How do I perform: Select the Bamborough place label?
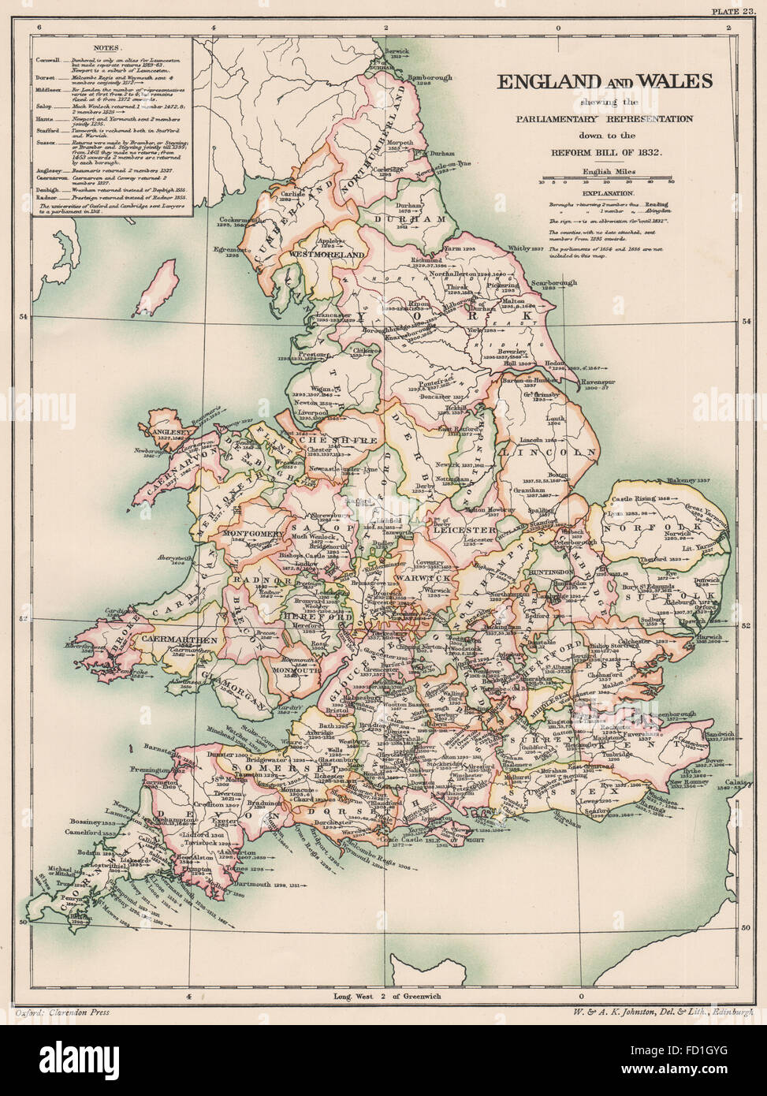430,79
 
